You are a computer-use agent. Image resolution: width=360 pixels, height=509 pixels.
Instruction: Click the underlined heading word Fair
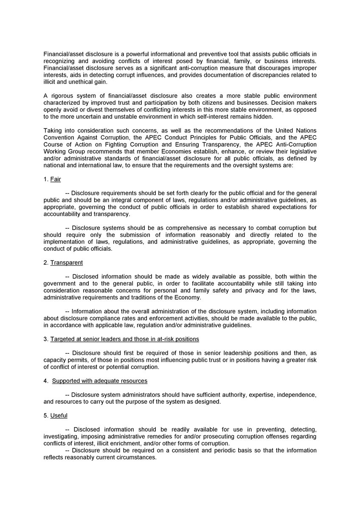pos(56,179)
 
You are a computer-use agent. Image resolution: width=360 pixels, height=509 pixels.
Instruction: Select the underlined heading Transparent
pos(66,263)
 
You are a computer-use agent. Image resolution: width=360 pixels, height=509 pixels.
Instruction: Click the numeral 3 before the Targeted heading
pos(45,339)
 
